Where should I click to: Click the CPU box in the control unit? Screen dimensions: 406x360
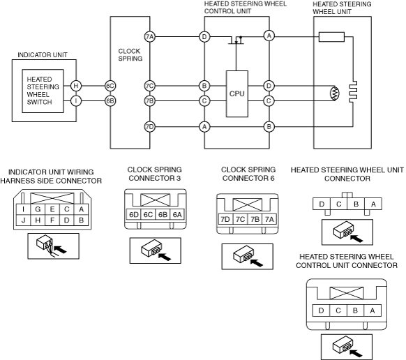pos(237,93)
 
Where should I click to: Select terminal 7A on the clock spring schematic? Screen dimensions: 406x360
pos(150,37)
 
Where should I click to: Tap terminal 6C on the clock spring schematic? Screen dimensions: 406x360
pos(110,86)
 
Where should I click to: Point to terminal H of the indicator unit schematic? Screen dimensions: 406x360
pos(76,86)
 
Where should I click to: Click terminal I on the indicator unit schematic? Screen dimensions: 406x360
pos(76,100)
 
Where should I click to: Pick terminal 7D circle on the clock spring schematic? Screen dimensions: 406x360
pos(150,127)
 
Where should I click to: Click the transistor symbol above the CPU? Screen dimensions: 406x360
pos(236,40)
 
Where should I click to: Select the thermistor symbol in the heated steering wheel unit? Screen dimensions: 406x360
pos(336,93)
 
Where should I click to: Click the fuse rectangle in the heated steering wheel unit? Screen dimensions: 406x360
pos(331,37)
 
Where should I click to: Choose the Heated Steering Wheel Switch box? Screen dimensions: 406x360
pos(43,91)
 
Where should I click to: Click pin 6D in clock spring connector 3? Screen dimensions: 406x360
pos(134,214)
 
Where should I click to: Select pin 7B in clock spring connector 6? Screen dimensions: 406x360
pos(255,219)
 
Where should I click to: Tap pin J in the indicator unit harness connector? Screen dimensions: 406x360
pos(23,220)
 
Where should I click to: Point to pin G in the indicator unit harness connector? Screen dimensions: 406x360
pos(38,209)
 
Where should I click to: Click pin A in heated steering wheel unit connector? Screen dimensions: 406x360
pos(373,204)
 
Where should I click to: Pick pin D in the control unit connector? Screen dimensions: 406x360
pos(321,310)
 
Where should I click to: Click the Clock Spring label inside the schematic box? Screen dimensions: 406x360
pos(130,54)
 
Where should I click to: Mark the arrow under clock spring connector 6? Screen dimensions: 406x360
pos(257,262)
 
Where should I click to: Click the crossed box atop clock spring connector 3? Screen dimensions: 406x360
pos(155,200)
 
